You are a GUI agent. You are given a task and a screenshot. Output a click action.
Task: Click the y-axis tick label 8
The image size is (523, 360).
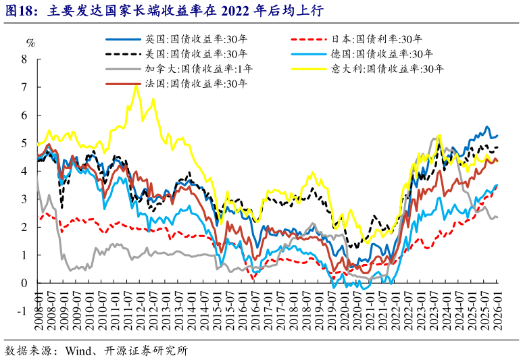(24, 59)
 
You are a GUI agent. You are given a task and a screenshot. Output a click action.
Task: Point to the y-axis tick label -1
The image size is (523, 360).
(21, 311)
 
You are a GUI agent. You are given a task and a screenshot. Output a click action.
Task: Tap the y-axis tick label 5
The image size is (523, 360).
(24, 143)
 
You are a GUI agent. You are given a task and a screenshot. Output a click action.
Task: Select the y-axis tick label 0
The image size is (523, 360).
(24, 283)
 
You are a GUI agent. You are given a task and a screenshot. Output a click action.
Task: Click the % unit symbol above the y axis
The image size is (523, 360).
(30, 43)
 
